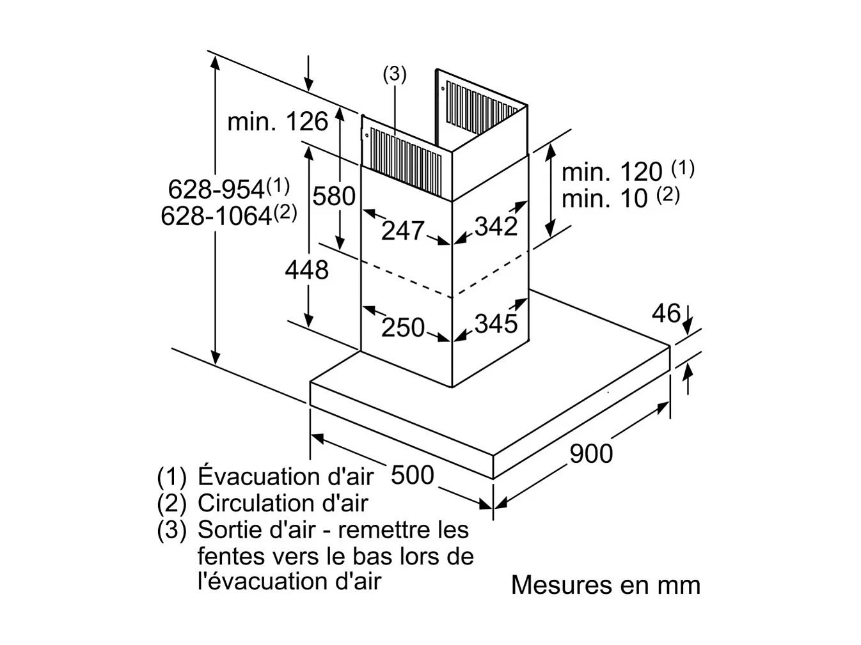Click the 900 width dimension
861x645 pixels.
(590, 453)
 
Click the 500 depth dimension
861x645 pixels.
(412, 475)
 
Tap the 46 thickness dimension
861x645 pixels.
(665, 313)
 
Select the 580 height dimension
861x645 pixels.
(333, 196)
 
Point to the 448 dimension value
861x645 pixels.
(306, 270)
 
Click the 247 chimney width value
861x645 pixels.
(402, 230)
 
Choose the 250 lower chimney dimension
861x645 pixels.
(403, 327)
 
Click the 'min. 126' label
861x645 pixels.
(278, 121)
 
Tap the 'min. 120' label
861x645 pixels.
(612, 171)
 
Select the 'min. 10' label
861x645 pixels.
(604, 199)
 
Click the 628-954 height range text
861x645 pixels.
(216, 189)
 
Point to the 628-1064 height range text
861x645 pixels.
(216, 216)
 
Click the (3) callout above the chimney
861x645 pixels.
(395, 74)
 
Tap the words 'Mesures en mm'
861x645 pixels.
(605, 585)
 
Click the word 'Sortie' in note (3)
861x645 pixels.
(224, 530)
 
